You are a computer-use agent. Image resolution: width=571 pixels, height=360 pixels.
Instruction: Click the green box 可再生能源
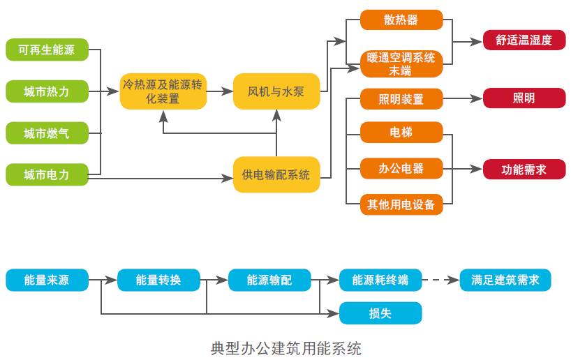pyautogui.click(x=47, y=50)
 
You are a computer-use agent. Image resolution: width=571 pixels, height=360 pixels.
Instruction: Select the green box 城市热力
pyautogui.click(x=47, y=91)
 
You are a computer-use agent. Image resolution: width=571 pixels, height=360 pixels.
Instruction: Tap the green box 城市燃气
pyautogui.click(x=47, y=133)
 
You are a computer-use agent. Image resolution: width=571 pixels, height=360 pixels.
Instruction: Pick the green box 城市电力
pyautogui.click(x=47, y=174)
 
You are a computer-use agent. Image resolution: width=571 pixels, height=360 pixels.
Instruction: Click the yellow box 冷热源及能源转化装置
pyautogui.click(x=163, y=91)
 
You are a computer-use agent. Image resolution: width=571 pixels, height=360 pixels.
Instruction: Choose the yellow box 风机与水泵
pyautogui.click(x=276, y=91)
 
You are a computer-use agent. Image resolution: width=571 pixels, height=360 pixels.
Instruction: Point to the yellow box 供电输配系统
pyautogui.click(x=276, y=174)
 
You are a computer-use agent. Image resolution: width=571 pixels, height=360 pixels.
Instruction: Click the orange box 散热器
pyautogui.click(x=401, y=20)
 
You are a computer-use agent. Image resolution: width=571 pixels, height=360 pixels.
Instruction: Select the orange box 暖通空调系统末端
pyautogui.click(x=401, y=63)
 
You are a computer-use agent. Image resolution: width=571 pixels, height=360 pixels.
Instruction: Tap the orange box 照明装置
pyautogui.click(x=401, y=99)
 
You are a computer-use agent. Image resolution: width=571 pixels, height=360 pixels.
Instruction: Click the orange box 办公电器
pyautogui.click(x=401, y=168)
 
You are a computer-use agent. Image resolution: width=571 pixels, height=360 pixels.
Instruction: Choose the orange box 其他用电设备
pyautogui.click(x=401, y=204)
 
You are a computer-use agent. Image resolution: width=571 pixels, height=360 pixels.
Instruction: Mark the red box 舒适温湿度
pyautogui.click(x=524, y=40)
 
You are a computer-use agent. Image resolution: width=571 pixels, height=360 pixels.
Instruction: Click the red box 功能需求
pyautogui.click(x=524, y=169)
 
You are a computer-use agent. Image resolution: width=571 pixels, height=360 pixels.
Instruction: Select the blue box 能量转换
pyautogui.click(x=158, y=280)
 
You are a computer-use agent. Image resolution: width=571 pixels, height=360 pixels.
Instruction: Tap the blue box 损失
pyautogui.click(x=380, y=313)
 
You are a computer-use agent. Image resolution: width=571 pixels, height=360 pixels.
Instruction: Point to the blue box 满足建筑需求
pyautogui.click(x=505, y=280)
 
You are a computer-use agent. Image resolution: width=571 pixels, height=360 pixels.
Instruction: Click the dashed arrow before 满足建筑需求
pyautogui.click(x=441, y=280)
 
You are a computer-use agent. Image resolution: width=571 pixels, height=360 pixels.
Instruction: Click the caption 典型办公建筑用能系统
pyautogui.click(x=286, y=347)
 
